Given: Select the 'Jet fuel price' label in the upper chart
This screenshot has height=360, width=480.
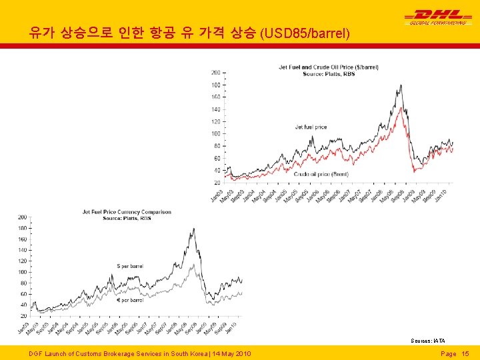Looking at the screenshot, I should tap(311, 127).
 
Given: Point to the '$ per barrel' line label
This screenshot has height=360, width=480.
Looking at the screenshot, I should tap(130, 267).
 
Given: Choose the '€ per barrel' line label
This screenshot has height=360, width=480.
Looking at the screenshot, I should tap(130, 300).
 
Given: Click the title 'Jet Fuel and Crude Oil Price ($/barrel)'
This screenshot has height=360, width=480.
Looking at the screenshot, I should tap(329, 67).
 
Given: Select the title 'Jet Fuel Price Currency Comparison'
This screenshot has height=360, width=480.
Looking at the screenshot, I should tap(127, 212).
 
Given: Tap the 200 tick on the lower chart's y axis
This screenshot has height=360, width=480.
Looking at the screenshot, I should tap(23, 217).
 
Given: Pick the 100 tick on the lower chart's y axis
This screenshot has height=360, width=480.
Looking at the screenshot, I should tap(23, 272).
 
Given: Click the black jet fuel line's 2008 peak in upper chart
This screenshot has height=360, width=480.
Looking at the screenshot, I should tap(400, 85).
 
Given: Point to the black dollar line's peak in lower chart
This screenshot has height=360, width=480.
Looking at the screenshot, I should tap(193, 229).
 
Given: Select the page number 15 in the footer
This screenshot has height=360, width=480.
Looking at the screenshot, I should tap(465, 353).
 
